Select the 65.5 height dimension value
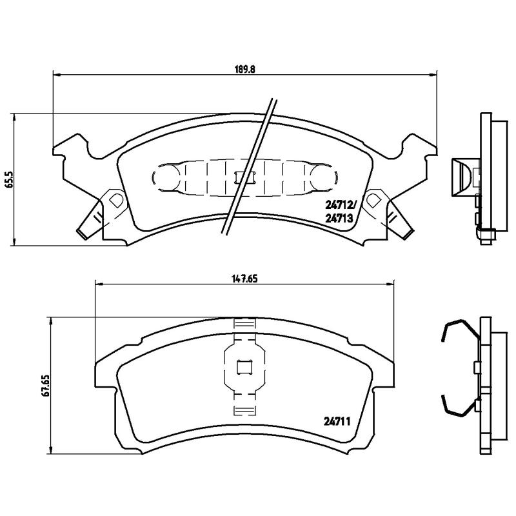point(9,179)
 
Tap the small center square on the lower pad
point(244,368)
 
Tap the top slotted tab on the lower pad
point(244,324)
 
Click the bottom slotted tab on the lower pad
point(244,412)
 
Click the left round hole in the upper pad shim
point(165,176)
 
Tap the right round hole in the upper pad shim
point(322,176)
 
